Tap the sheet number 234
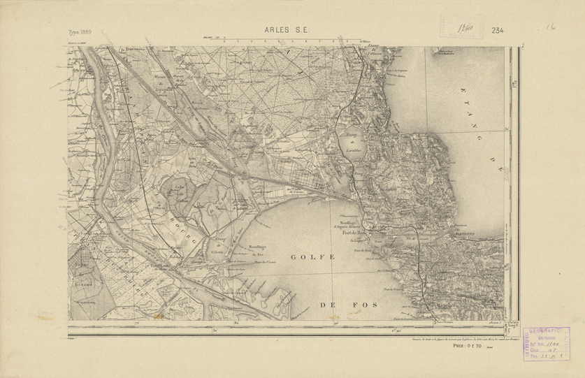coord(498,31)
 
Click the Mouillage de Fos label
coord(260,250)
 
